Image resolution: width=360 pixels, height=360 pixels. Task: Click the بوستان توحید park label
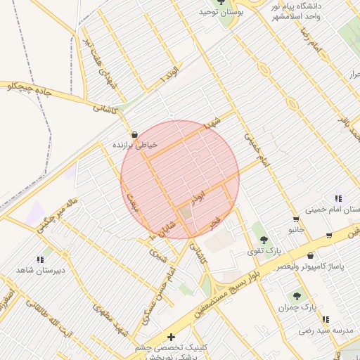click(x=221, y=12)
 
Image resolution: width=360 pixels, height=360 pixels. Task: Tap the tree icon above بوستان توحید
click(x=221, y=1)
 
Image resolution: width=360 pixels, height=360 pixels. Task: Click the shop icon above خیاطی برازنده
click(x=134, y=134)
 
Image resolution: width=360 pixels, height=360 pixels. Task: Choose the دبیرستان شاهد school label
click(x=40, y=270)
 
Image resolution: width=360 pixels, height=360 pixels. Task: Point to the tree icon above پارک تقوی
click(x=264, y=240)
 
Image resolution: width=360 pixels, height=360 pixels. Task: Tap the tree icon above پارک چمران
click(x=296, y=296)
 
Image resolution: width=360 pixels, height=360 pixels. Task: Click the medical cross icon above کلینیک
click(x=171, y=337)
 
